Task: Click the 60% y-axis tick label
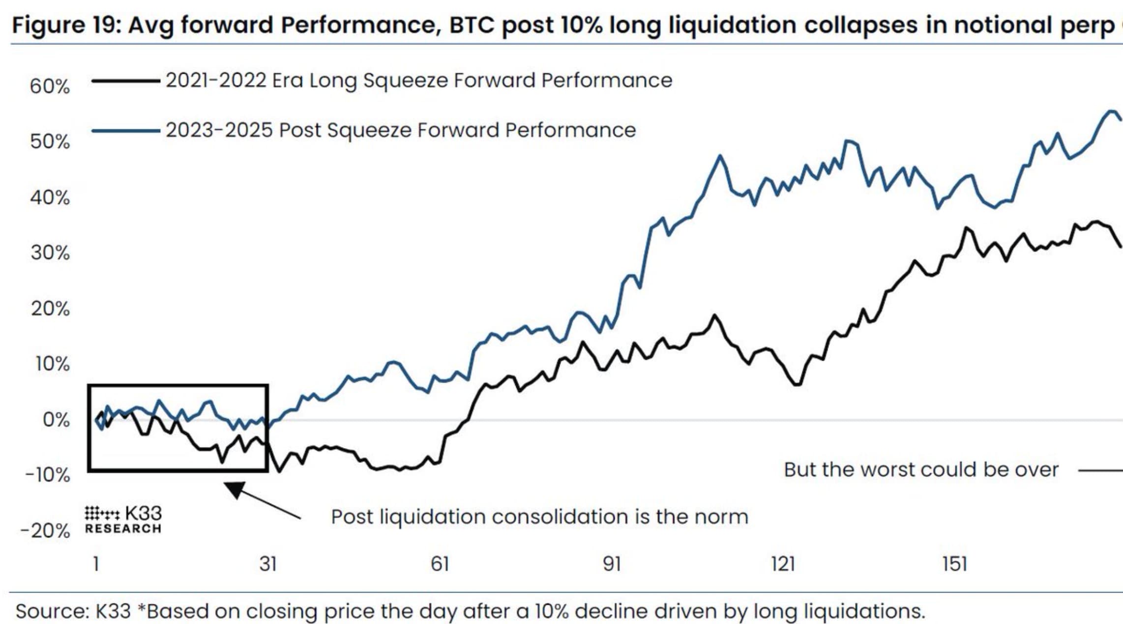[50, 86]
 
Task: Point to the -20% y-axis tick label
[45, 531]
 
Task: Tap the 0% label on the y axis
[56, 420]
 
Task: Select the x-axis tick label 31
[268, 564]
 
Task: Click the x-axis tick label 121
[783, 564]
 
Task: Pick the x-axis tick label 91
[612, 564]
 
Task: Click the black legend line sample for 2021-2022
[126, 81]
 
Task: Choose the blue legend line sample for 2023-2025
[126, 131]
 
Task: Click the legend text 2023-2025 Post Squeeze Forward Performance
[400, 130]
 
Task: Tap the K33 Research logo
[123, 520]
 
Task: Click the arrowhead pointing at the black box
[235, 489]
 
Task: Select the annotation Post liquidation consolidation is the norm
[539, 517]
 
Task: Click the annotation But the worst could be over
[920, 470]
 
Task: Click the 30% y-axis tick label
[50, 253]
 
